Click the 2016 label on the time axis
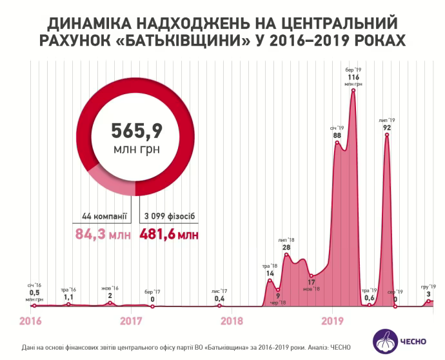[30, 319]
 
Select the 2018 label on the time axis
[232, 319]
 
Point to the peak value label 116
[353, 77]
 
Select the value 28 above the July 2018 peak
[286, 248]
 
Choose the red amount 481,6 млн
[168, 234]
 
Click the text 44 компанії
[104, 216]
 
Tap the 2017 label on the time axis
[131, 319]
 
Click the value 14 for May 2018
[270, 273]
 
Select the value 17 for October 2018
[311, 282]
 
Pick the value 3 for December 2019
[428, 294]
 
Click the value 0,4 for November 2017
[219, 299]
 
